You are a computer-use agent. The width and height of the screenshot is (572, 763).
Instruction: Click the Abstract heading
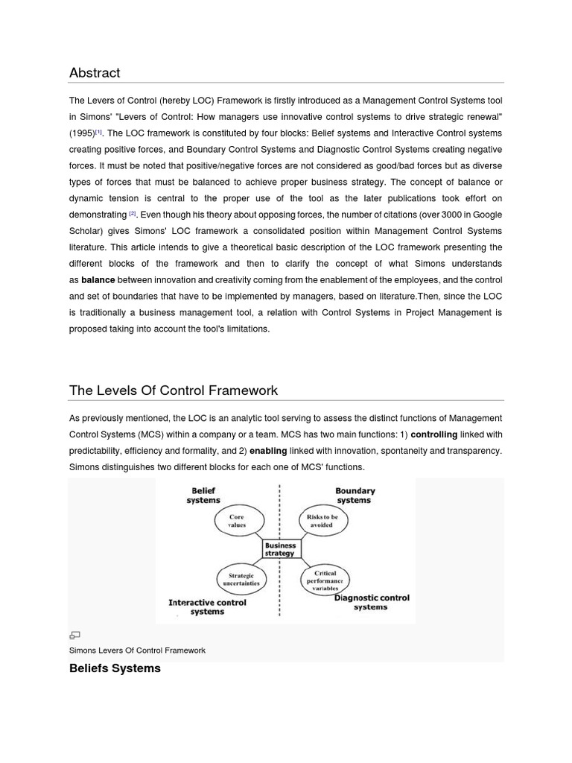pos(95,72)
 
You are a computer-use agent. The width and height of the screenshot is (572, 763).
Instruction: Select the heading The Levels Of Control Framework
pos(173,390)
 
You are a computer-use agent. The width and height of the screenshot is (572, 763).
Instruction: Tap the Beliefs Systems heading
pos(115,668)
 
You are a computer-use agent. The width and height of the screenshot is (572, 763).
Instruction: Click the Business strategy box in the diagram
pos(281,549)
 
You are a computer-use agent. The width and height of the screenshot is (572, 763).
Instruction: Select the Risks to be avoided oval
pos(322,520)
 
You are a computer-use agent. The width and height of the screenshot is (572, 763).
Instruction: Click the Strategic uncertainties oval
pos(241,579)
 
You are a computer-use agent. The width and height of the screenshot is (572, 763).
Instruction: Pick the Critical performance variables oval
pos(325,580)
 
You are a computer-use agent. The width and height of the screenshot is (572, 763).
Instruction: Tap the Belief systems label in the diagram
pos(203,496)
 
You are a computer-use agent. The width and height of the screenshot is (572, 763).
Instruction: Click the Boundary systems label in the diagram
pos(355,496)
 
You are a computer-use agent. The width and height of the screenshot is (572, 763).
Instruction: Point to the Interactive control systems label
pos(206,607)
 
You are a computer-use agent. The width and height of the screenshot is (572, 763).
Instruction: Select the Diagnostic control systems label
pos(371,602)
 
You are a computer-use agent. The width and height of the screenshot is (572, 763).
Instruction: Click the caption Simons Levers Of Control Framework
pos(137,650)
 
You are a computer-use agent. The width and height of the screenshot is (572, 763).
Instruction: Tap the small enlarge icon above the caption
pos(74,636)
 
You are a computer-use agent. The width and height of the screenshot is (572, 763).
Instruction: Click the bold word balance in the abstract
pos(98,280)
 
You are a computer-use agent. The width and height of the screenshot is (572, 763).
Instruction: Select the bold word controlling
pos(434,434)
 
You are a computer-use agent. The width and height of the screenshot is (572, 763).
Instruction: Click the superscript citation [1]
pos(99,132)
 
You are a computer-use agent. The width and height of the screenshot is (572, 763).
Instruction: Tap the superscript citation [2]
pos(133,213)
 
